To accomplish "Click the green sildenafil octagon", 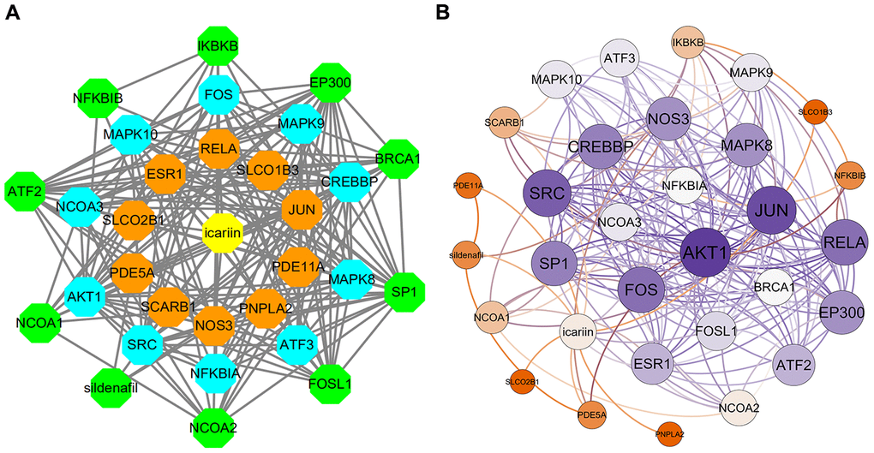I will pos(111,387).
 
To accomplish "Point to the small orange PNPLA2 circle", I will pos(670,435).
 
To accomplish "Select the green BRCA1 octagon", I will pos(397,159).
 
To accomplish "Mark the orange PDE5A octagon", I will pos(133,273).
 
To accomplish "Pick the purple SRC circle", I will pos(548,194).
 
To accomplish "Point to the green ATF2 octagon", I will pos(26,190).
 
